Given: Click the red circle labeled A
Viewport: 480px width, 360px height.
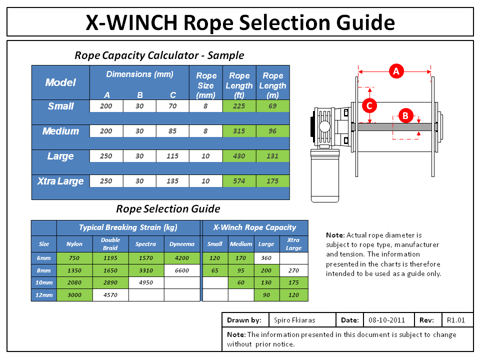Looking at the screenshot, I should tap(396, 71).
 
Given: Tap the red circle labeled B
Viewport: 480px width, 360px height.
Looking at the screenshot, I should tap(405, 116).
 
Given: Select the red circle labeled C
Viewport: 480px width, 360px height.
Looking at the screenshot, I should tap(369, 105).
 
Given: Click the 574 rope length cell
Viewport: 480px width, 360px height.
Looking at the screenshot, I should tap(239, 181).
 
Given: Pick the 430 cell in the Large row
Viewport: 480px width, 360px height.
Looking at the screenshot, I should tap(239, 156).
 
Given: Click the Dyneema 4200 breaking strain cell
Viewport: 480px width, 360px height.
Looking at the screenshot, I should tap(181, 258).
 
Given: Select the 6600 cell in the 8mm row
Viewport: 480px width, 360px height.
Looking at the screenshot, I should tap(181, 270).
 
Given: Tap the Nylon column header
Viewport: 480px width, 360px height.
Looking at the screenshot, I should tap(74, 244).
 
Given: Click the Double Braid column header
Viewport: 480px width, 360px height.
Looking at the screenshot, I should tap(110, 244).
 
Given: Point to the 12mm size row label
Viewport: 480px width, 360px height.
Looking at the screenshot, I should tap(44, 295).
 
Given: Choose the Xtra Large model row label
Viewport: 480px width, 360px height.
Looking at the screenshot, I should tap(60, 181).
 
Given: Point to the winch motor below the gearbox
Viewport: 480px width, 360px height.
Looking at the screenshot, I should tap(325, 175).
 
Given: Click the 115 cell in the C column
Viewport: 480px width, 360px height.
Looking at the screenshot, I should tap(172, 156).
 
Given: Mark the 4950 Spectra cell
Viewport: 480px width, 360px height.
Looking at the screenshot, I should tap(146, 282).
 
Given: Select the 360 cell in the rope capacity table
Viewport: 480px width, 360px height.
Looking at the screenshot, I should tap(266, 258).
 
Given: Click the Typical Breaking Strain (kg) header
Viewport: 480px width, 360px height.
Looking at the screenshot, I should tap(128, 227).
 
